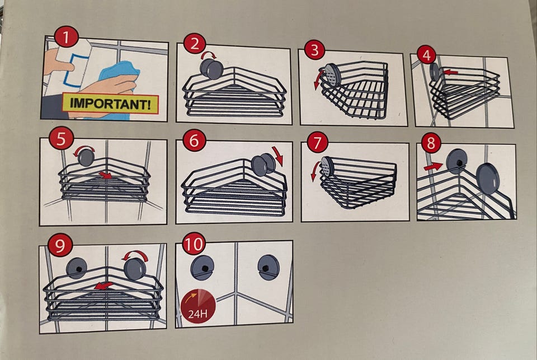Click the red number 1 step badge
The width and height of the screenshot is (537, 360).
pyautogui.click(x=67, y=38)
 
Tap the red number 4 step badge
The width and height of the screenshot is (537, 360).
pyautogui.click(x=427, y=55)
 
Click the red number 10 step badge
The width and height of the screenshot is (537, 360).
pyautogui.click(x=194, y=244)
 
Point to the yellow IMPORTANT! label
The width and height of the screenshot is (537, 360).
pyautogui.click(x=110, y=103)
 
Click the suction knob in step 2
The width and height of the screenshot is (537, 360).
pyautogui.click(x=210, y=68)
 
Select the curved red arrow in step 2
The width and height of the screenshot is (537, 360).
pyautogui.click(x=209, y=54)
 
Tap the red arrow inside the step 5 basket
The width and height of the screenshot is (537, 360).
pyautogui.click(x=106, y=175)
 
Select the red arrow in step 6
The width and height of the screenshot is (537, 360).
pyautogui.click(x=279, y=156)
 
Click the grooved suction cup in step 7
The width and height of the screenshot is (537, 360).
pyautogui.click(x=327, y=167)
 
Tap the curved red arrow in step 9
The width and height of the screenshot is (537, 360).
pyautogui.click(x=135, y=255)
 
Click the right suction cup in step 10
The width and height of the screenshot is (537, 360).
pyautogui.click(x=268, y=268)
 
